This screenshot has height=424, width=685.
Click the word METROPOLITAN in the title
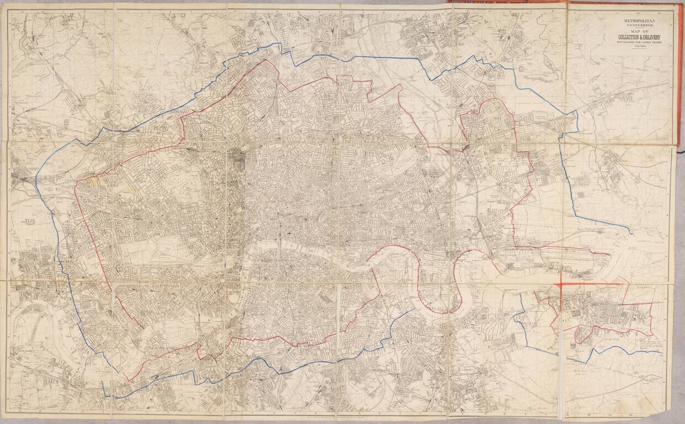(628, 22)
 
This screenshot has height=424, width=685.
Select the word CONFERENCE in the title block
(628, 26)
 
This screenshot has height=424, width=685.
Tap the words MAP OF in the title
(628, 33)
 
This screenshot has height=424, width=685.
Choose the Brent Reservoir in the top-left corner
(25, 41)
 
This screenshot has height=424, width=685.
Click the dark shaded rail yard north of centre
(241, 160)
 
